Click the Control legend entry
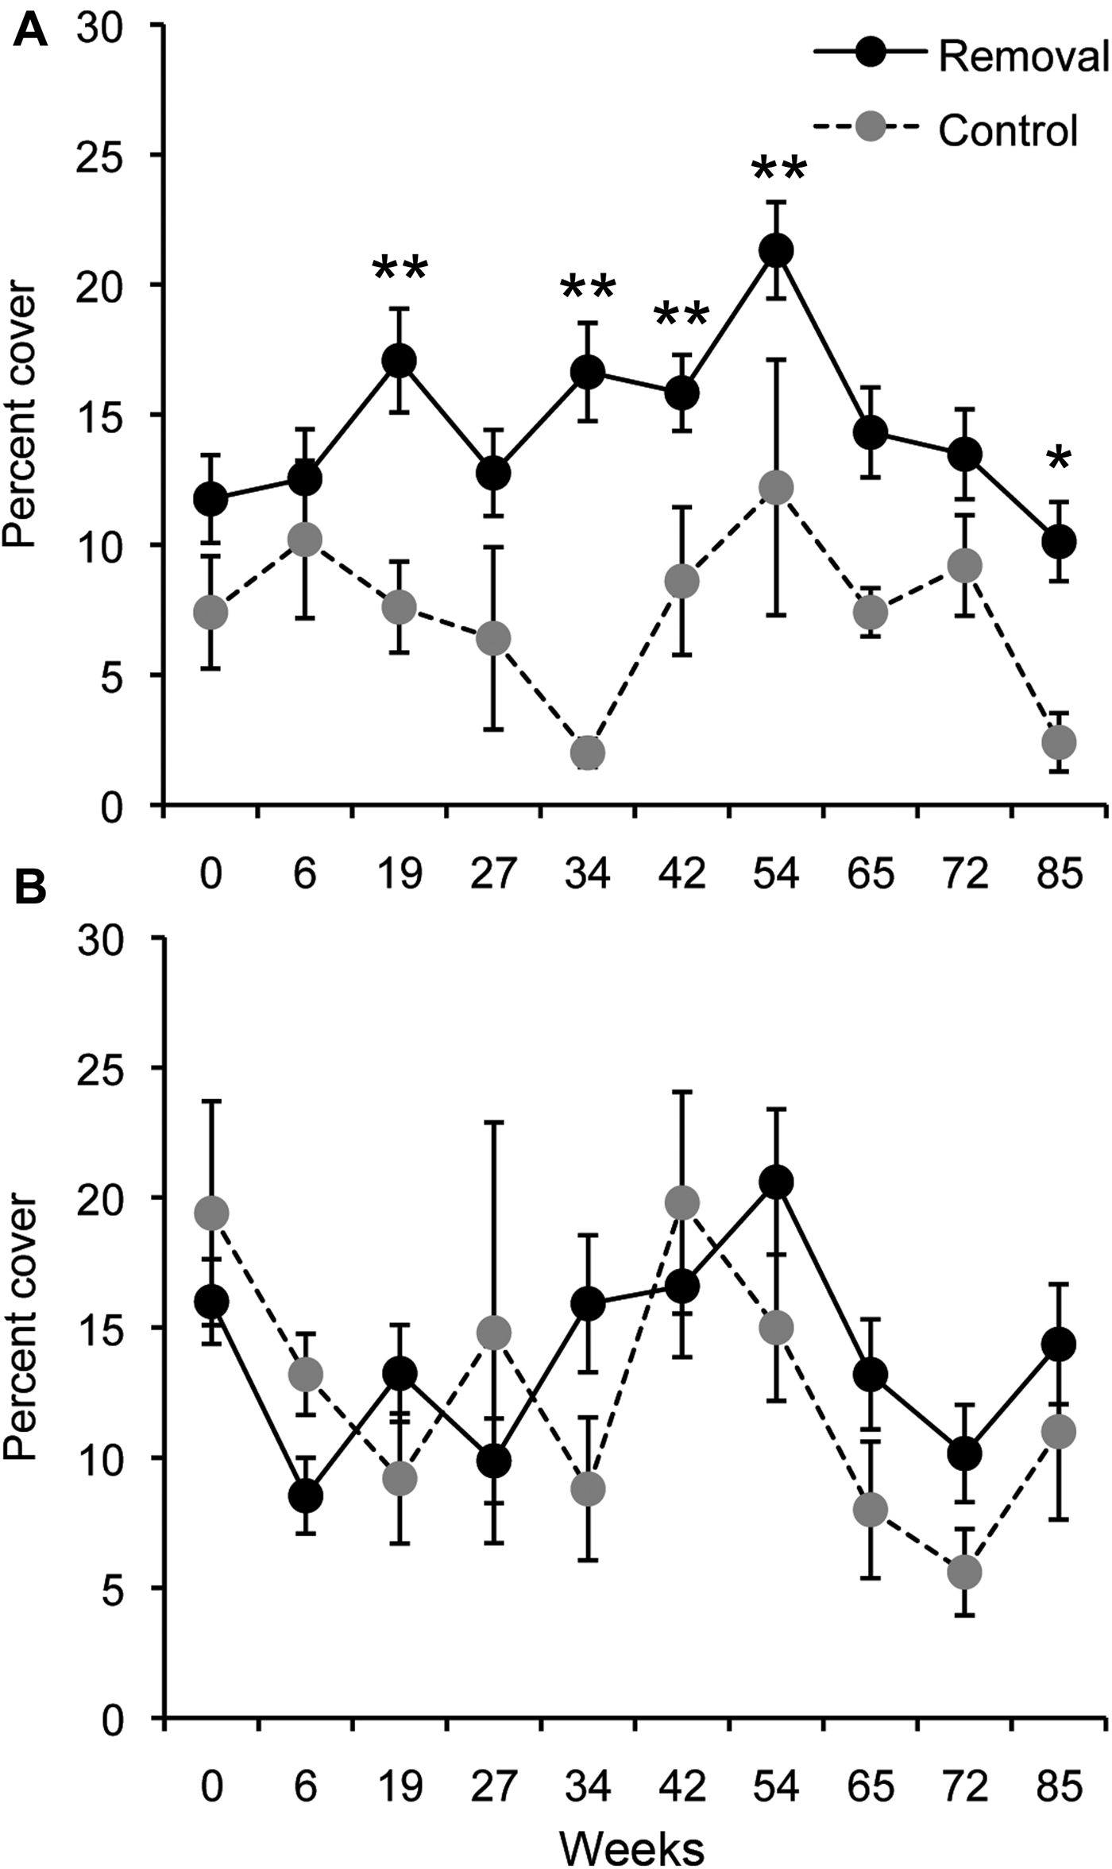pos(953,129)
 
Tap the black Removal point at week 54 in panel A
pos(776,250)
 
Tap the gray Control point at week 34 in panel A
pos(588,752)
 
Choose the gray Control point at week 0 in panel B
pos(211,1213)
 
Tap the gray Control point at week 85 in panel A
pos(1059,742)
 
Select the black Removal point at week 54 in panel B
pos(776,1182)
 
